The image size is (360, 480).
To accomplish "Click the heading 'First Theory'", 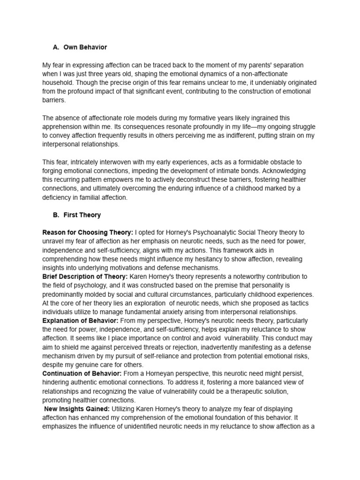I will [x=82, y=215].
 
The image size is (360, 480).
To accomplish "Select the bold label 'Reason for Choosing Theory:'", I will [x=88, y=232].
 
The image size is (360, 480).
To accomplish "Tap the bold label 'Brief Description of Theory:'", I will [x=85, y=277].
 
